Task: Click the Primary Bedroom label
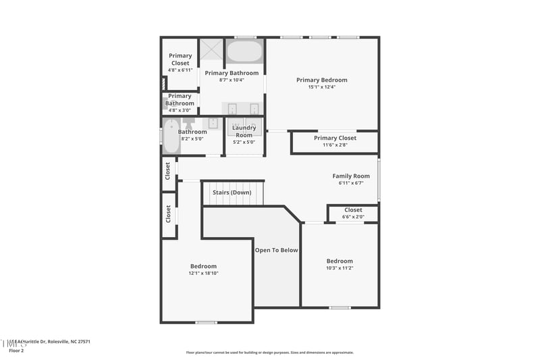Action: (x=321, y=80)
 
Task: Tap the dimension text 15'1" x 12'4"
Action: (x=321, y=87)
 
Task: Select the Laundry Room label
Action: (x=244, y=131)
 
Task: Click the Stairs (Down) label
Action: (x=232, y=192)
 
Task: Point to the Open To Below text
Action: (x=276, y=250)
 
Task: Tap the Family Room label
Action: (x=351, y=176)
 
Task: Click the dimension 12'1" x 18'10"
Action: (x=203, y=274)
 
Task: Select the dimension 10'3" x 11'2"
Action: (x=340, y=268)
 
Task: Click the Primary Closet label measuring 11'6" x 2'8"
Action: (x=335, y=138)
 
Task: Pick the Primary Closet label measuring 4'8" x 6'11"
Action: (x=180, y=59)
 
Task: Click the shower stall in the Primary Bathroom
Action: (x=211, y=50)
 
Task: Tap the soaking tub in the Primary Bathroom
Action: (x=244, y=51)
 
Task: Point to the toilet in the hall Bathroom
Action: (x=188, y=122)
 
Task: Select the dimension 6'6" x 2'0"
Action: (x=353, y=217)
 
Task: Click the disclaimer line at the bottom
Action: (x=270, y=353)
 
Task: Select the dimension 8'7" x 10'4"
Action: (x=232, y=80)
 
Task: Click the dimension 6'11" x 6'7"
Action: (x=351, y=183)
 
